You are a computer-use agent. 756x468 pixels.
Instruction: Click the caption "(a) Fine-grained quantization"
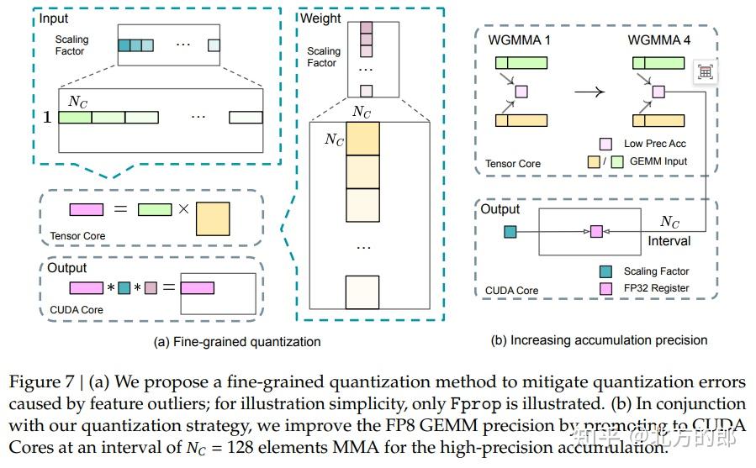237,342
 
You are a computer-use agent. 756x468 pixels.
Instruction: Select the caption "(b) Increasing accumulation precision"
599,340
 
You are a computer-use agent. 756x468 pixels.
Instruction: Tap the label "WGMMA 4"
658,40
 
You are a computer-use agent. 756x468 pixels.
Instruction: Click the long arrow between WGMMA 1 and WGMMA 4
589,90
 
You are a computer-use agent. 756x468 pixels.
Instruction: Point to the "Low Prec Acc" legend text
655,144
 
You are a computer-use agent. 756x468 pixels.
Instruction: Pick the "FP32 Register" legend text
657,288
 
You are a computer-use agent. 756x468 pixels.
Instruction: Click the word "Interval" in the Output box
669,241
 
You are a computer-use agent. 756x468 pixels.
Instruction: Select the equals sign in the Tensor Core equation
120,209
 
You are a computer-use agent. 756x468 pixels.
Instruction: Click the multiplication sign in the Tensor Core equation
182,209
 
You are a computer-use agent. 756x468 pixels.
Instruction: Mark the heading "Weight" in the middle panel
320,18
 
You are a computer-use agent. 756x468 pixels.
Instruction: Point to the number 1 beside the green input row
47,118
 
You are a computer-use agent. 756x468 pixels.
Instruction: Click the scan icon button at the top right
705,72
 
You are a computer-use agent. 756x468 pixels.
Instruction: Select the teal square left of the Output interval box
510,230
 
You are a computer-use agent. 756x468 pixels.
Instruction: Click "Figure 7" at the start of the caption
40,382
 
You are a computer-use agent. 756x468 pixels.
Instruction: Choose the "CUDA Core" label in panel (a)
77,309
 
